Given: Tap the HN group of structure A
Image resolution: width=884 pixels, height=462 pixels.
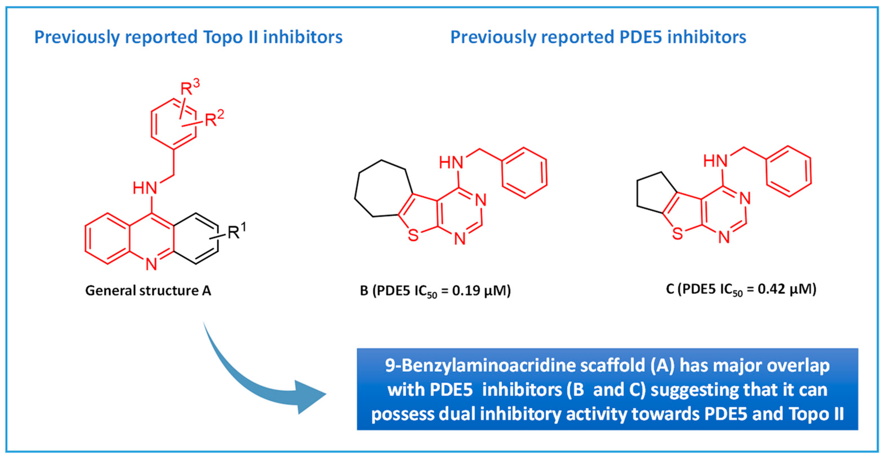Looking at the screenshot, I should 145,188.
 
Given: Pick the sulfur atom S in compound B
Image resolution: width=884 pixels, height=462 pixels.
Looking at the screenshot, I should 413,235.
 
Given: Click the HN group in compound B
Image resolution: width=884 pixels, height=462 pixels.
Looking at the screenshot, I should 451,162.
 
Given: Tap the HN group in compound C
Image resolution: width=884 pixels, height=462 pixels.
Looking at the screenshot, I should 715,161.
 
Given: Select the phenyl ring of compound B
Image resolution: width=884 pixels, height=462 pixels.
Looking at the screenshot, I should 524,173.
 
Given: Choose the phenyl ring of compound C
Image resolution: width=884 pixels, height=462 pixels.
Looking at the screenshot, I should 789,171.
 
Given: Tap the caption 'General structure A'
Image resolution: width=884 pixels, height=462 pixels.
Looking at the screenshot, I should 148,290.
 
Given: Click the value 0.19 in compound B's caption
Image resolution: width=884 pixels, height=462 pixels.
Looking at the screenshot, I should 466,291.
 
